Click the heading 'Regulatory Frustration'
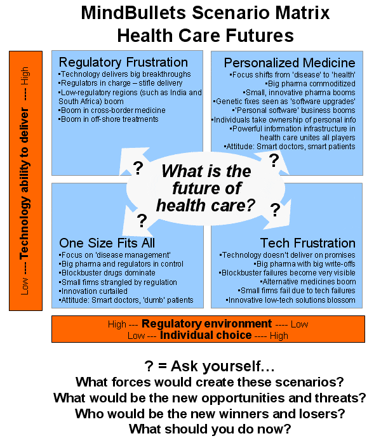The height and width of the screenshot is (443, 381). [123, 62]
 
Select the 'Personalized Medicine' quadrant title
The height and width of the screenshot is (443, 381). [290, 62]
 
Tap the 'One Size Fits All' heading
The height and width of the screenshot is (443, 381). [107, 243]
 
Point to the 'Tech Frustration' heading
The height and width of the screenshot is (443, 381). [307, 243]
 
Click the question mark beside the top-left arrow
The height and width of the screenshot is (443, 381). [137, 168]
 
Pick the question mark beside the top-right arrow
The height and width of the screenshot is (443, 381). [274, 161]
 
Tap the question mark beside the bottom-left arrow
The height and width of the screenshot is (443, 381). [142, 220]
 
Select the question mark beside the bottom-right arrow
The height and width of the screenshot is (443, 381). [276, 210]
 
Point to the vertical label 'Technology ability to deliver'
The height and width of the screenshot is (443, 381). [24, 181]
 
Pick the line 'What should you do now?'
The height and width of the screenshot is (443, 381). [210, 429]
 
